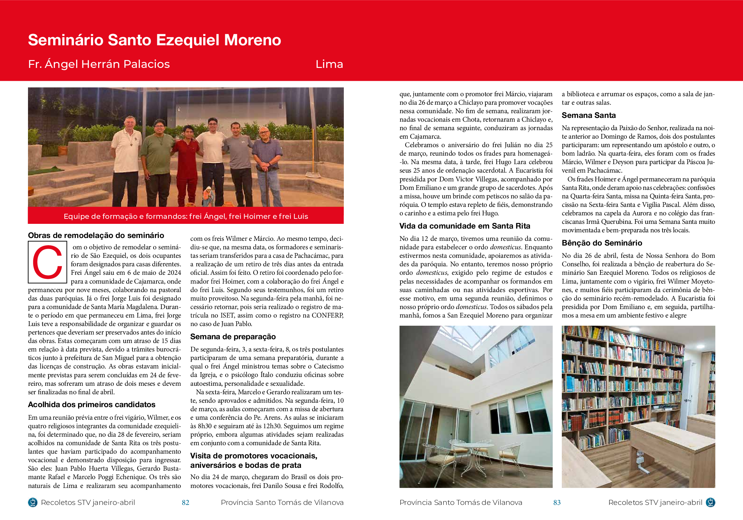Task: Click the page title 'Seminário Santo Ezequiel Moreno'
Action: (154, 40)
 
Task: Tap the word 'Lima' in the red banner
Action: (329, 64)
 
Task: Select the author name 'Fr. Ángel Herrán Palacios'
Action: (99, 64)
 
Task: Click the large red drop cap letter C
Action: (47, 262)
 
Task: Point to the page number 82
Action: (185, 502)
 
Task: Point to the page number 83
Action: (556, 502)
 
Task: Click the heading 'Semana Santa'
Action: (588, 115)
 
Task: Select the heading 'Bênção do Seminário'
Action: (601, 242)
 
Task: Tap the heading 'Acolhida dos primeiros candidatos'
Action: (92, 404)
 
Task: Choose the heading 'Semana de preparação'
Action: (233, 336)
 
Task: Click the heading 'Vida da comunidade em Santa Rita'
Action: (464, 226)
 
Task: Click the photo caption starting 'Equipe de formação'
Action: (185, 216)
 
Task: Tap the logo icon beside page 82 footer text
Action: (33, 502)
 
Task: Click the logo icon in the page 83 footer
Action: (710, 502)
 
